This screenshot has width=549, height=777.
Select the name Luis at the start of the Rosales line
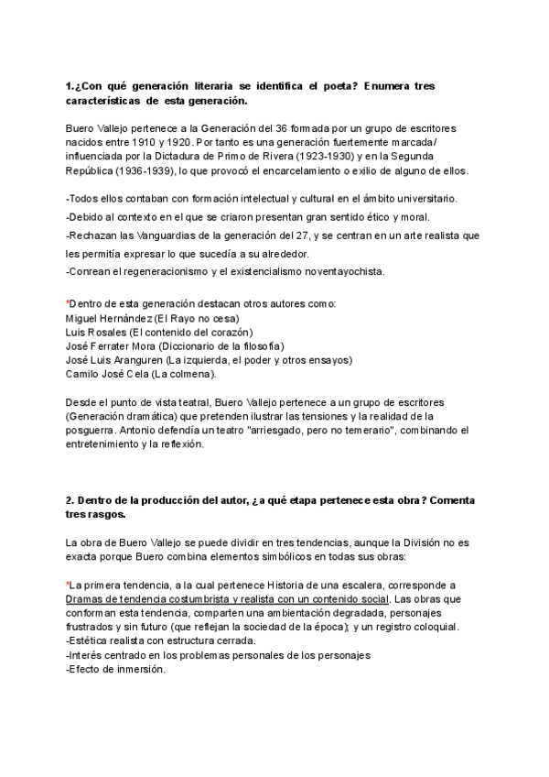pos(77,332)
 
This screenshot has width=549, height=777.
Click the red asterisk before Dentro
pos(68,303)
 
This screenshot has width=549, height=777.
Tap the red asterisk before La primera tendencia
pos(68,584)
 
